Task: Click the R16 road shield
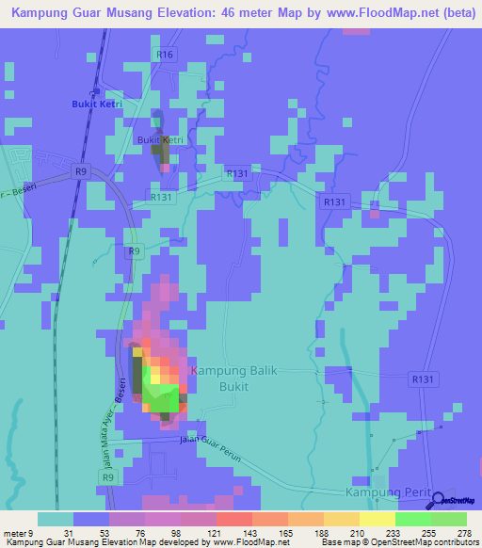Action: (x=166, y=55)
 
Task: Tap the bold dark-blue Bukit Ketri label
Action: (x=97, y=105)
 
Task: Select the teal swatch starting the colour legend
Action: (x=56, y=519)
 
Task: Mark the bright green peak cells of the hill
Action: (x=166, y=397)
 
